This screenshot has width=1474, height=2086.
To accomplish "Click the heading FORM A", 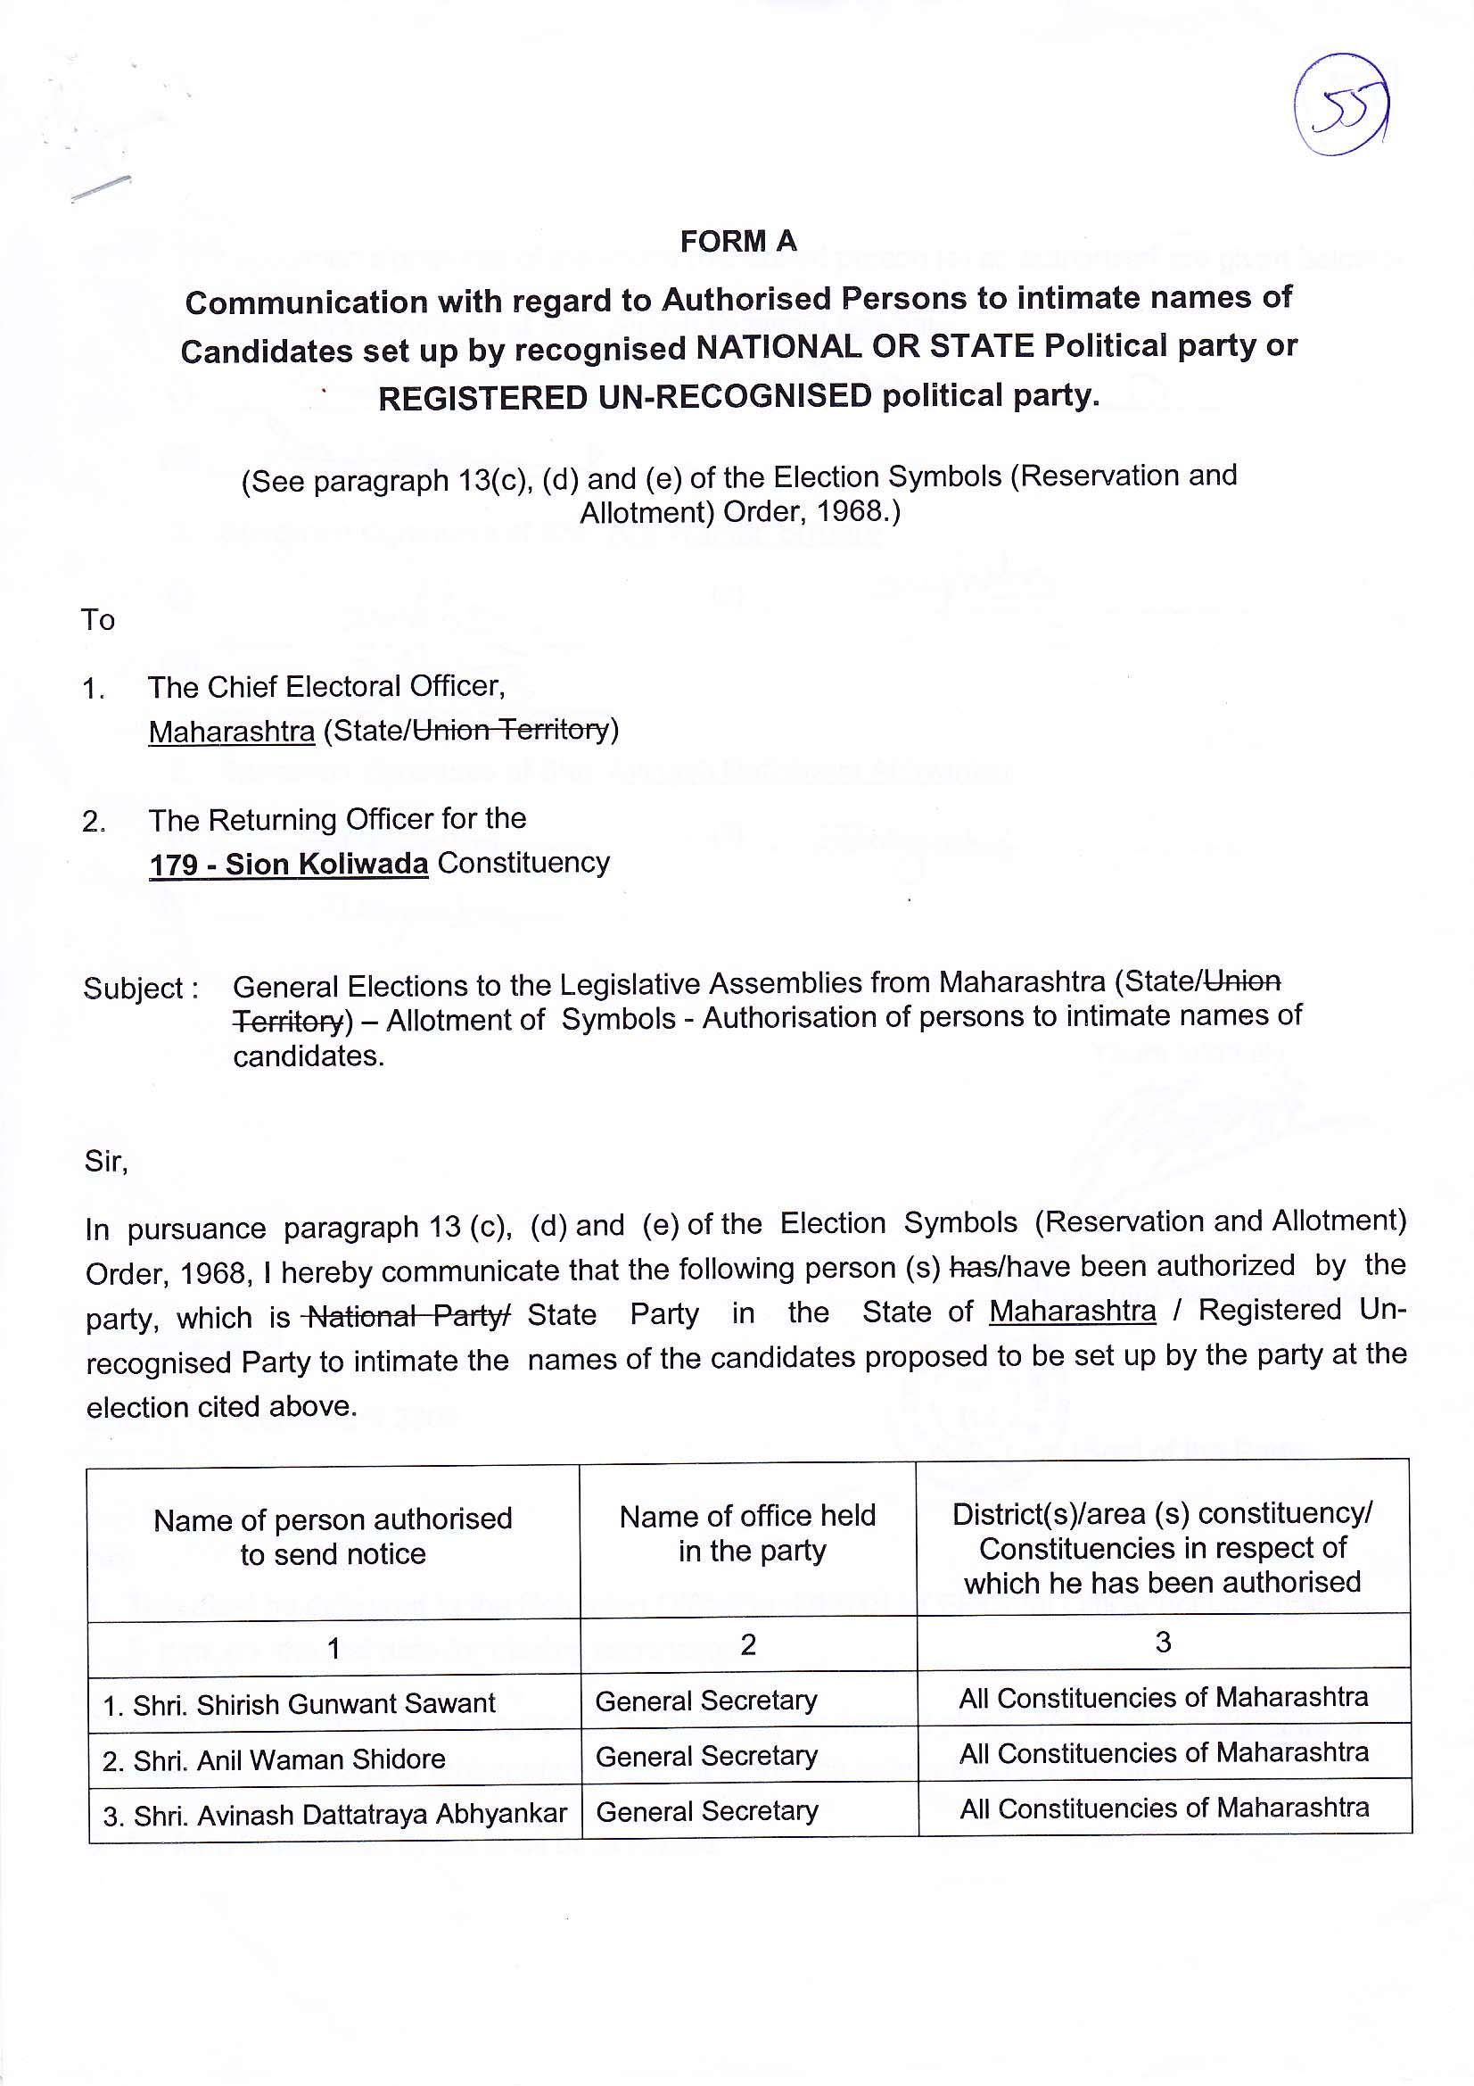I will point(737,242).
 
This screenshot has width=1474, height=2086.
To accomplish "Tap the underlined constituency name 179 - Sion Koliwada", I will point(288,864).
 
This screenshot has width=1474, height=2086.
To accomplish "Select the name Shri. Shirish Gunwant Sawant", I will point(299,1703).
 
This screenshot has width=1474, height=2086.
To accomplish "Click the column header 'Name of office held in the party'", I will point(747,1534).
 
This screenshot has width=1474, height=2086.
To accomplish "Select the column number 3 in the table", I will point(1163,1643).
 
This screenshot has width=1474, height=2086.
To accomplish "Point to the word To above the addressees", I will point(98,619).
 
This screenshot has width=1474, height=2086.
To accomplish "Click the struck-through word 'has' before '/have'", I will point(970,1268).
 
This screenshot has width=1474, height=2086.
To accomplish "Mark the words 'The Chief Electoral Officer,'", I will point(326,687).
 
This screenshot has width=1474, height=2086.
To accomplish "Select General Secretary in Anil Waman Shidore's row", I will point(705,1756).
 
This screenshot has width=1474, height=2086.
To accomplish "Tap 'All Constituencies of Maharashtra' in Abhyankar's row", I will point(1165,1809).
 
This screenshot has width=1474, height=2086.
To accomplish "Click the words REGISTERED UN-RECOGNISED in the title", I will point(625,398).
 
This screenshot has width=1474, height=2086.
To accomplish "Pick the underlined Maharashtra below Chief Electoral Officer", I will point(232,732).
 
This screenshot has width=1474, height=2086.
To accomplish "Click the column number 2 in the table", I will point(747,1644).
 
